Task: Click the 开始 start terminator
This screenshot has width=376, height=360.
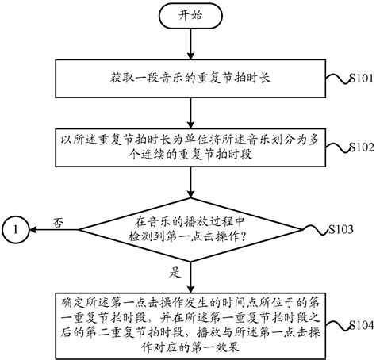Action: pyautogui.click(x=189, y=16)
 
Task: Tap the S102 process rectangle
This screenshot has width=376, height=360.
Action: pyautogui.click(x=189, y=147)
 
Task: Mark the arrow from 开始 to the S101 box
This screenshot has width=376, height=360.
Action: pyautogui.click(x=189, y=46)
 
